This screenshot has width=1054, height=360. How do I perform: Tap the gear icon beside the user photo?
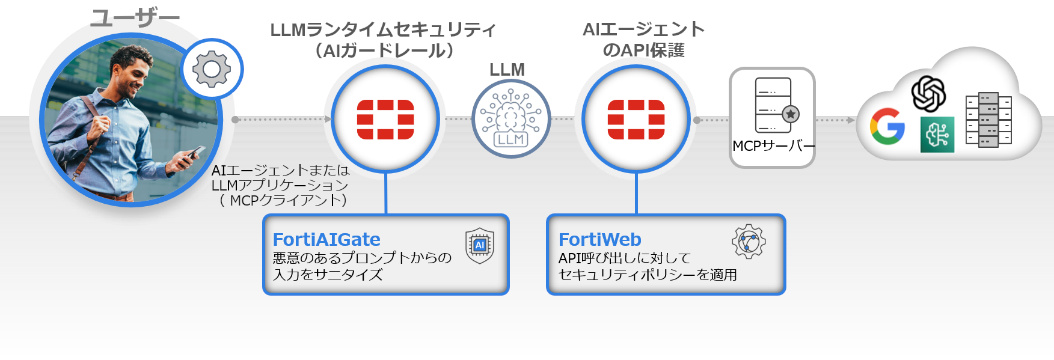click(212, 68)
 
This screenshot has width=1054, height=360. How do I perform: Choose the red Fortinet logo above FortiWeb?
click(637, 120)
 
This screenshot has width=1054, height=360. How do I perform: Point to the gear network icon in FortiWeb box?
click(748, 242)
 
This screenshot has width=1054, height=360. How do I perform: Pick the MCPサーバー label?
click(772, 147)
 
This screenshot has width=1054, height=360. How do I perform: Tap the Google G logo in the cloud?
click(887, 126)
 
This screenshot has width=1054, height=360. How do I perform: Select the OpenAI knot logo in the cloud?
click(929, 93)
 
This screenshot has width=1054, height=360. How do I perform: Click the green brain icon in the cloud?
click(938, 134)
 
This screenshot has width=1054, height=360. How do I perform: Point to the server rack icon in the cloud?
click(989, 120)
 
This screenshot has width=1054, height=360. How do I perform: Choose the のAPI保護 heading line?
click(644, 50)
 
